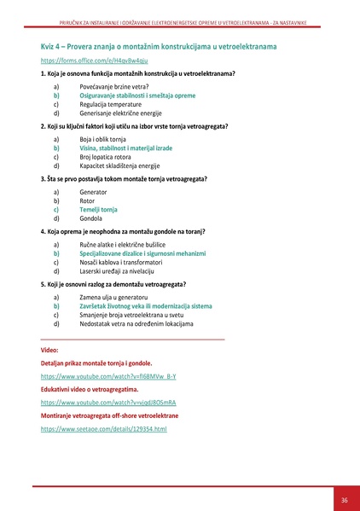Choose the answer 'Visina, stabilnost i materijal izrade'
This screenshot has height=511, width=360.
click(x=125, y=148)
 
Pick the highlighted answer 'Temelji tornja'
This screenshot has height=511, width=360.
click(x=98, y=209)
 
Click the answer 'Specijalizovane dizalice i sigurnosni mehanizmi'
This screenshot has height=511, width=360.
click(x=142, y=253)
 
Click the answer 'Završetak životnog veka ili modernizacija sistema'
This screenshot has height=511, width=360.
click(x=145, y=305)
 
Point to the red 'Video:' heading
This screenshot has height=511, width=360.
click(x=49, y=350)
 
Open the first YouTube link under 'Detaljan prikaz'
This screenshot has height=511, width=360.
click(x=107, y=375)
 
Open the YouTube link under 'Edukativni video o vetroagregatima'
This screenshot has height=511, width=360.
click(x=107, y=402)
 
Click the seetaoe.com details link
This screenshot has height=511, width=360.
click(x=103, y=428)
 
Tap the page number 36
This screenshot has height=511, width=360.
click(x=344, y=500)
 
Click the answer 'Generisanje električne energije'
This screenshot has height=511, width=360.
click(x=119, y=113)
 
